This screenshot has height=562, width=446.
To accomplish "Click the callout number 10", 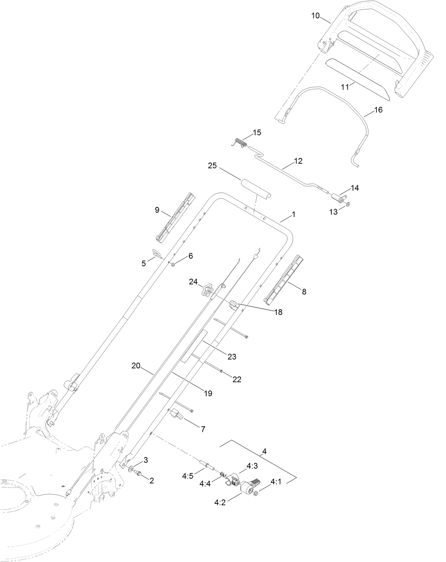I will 316,16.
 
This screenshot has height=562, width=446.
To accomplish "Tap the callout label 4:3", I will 252,466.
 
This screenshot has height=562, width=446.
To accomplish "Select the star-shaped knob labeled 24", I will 207,291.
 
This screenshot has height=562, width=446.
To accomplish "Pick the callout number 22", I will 237,379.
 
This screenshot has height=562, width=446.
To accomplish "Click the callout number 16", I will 378,110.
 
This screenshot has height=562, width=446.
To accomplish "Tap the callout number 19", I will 208,393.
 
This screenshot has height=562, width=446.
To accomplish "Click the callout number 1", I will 293,215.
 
